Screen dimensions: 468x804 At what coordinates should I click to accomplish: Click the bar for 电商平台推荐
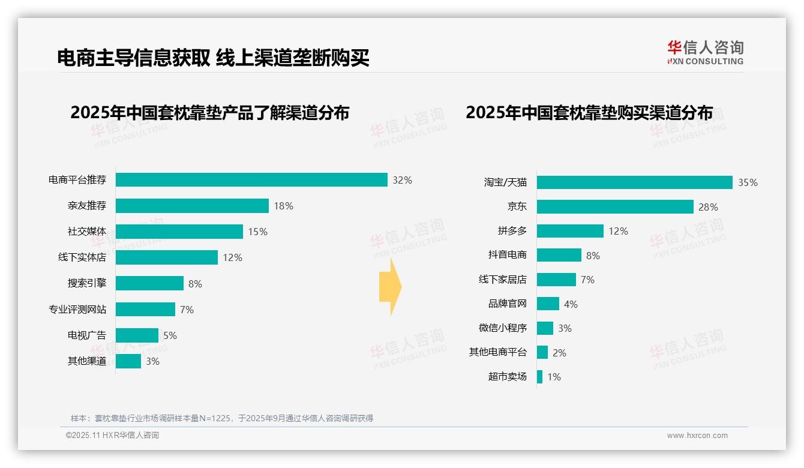tap(251, 180)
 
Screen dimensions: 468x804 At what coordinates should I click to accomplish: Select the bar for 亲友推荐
tap(192, 206)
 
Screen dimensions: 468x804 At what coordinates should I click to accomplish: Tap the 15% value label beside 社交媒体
tap(258, 232)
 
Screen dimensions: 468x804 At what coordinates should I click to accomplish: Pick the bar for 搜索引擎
tap(149, 283)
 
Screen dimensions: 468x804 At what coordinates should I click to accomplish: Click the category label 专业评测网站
tap(77, 310)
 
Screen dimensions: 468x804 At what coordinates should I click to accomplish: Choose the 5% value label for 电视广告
tap(170, 335)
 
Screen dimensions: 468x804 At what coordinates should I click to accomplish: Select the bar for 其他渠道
tap(128, 361)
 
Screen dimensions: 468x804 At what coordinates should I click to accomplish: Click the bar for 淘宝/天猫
tap(634, 182)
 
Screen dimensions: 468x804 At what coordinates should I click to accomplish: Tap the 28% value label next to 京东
tap(708, 207)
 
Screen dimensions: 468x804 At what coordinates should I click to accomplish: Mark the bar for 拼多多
tap(570, 231)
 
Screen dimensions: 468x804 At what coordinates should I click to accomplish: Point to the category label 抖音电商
tap(507, 255)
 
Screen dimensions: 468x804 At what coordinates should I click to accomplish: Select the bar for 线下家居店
tap(556, 280)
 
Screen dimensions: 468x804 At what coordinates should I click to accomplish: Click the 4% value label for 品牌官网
tap(571, 304)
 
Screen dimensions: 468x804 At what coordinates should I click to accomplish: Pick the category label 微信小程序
tap(502, 328)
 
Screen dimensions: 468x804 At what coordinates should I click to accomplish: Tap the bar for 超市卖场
tap(539, 377)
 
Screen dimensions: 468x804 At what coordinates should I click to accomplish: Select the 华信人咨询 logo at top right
tap(705, 52)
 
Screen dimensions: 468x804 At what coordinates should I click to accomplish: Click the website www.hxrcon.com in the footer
tap(697, 436)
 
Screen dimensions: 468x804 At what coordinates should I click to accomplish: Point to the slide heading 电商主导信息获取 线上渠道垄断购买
tap(213, 58)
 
